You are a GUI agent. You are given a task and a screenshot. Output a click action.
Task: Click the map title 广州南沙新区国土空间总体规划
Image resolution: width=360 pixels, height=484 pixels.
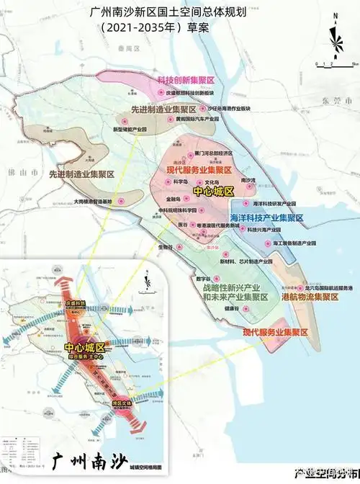pyautogui.click(x=179, y=12)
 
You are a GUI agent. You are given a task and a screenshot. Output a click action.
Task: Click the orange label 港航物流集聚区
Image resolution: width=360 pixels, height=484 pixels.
pyautogui.click(x=310, y=297)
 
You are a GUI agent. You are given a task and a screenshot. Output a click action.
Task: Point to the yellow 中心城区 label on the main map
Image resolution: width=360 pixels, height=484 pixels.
pyautogui.click(x=213, y=192)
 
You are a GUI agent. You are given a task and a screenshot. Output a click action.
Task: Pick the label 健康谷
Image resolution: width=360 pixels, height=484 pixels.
pyautogui.click(x=230, y=308)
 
